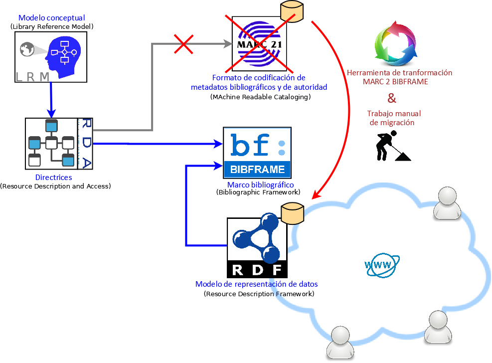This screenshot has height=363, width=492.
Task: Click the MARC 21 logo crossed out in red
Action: point(260,44)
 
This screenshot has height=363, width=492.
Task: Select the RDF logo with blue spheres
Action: point(257,247)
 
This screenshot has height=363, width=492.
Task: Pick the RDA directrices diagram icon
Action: point(59,144)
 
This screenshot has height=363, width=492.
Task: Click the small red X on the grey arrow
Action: point(183,44)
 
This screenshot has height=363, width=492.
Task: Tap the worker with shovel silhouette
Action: point(392,146)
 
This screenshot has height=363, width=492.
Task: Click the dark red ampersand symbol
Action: point(392,97)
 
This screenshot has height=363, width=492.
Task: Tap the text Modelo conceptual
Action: point(52,18)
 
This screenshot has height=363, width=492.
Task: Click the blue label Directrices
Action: point(54,178)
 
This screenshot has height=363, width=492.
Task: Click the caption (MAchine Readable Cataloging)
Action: point(260,97)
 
